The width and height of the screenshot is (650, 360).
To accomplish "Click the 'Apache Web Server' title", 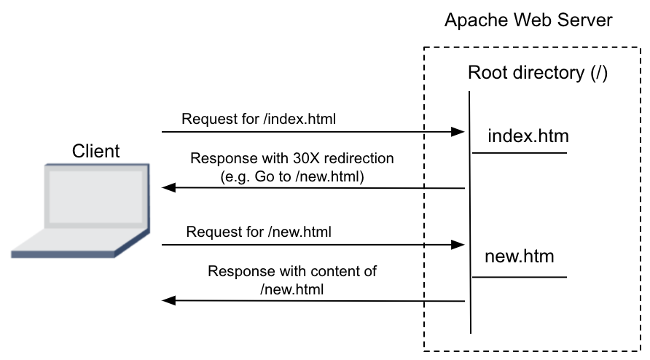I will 528,20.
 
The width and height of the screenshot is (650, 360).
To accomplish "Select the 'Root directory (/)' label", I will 537,73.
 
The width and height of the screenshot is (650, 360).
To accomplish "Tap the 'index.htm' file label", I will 528,136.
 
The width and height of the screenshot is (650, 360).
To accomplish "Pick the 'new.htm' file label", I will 519,257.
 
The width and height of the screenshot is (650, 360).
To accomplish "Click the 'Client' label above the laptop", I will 96,151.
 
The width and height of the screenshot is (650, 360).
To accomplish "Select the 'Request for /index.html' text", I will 259,118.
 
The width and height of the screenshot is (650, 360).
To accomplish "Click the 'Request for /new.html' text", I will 259,232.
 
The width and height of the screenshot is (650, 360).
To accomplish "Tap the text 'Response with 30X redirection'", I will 291,159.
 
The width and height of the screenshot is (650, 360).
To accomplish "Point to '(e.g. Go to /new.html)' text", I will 291,176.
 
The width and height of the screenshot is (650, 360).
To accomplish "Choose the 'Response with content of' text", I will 291,272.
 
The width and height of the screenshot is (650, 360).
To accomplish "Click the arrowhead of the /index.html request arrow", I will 458,132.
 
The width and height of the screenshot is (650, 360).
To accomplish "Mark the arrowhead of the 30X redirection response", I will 168,188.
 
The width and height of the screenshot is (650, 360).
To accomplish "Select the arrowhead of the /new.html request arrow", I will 458,245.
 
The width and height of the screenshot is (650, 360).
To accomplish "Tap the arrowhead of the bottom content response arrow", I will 168,300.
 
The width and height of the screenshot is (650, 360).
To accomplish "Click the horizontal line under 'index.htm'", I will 520,153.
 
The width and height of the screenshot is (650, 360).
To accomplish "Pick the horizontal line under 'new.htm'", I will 520,277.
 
